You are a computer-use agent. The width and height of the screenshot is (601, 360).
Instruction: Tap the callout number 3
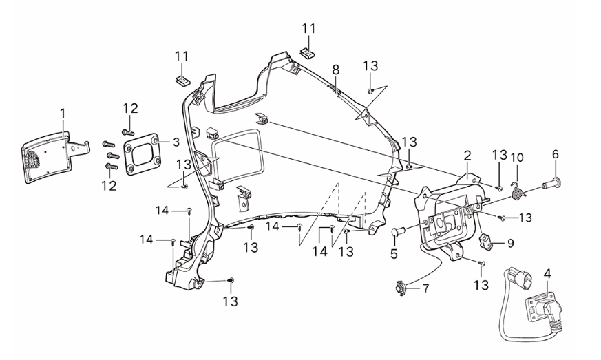pyautogui.click(x=176, y=142)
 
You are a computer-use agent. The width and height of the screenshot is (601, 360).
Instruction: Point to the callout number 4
pyautogui.click(x=547, y=273)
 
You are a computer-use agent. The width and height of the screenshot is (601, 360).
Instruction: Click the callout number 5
pyautogui.click(x=394, y=253)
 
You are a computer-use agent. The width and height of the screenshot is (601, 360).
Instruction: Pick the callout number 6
pyautogui.click(x=555, y=155)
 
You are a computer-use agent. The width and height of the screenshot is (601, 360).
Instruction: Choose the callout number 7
pyautogui.click(x=425, y=288)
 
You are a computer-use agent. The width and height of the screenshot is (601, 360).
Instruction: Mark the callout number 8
pyautogui.click(x=335, y=70)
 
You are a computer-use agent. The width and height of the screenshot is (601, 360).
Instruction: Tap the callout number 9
pyautogui.click(x=510, y=242)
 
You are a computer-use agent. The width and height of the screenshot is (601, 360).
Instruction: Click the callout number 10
pyautogui.click(x=516, y=158)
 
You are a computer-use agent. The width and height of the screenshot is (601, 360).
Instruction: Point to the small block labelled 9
pyautogui.click(x=487, y=240)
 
